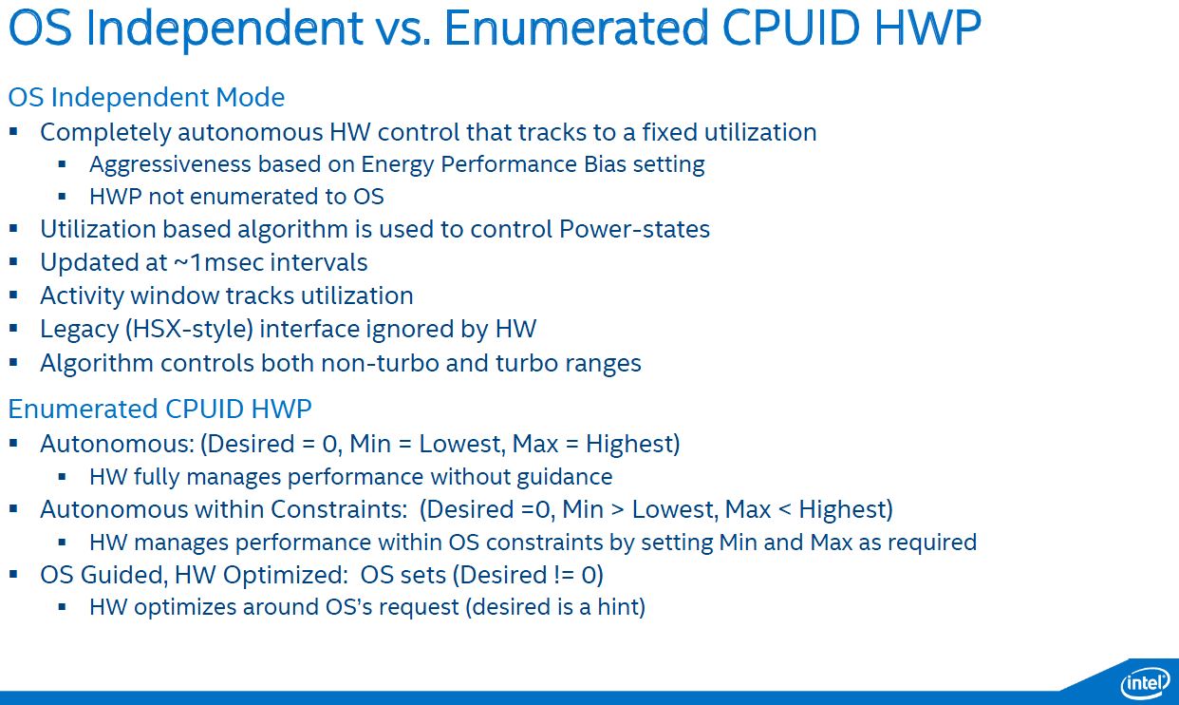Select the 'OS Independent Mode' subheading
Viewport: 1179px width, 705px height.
click(146, 98)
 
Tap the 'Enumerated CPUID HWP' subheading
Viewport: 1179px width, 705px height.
click(160, 409)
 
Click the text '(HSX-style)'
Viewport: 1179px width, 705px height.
click(189, 330)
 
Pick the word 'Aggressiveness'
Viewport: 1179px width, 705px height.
click(170, 165)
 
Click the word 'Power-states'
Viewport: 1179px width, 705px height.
click(634, 229)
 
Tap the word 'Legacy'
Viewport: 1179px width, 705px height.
click(80, 330)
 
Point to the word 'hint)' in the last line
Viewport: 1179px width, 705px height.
click(621, 607)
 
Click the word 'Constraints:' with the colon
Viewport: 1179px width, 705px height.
click(339, 509)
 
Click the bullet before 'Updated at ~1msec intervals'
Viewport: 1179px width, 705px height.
click(13, 262)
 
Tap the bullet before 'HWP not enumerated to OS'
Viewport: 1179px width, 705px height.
click(62, 197)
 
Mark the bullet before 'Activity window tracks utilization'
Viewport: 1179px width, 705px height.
click(13, 295)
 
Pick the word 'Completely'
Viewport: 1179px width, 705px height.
click(105, 133)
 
